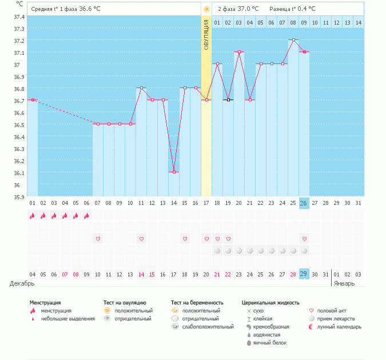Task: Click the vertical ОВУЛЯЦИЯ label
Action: click(206, 34)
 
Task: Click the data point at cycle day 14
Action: click(174, 172)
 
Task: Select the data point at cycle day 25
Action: click(293, 40)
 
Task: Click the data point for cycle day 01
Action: click(33, 100)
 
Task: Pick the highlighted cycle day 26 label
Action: click(304, 203)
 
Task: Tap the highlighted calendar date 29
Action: click(304, 274)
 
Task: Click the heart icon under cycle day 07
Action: click(98, 239)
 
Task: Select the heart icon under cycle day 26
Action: click(304, 239)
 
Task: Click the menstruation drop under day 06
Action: click(87, 216)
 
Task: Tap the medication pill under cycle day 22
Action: click(261, 251)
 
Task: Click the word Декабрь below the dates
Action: click(22, 283)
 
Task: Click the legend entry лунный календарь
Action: click(340, 327)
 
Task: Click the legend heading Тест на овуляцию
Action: click(125, 302)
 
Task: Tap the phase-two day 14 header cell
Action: click(358, 22)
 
